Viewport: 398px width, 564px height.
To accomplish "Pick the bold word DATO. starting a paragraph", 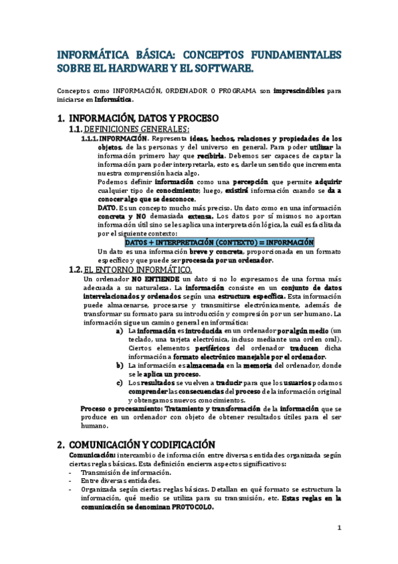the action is click(x=107, y=208).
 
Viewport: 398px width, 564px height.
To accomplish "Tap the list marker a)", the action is click(x=119, y=331).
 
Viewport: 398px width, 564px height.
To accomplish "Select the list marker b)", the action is click(x=120, y=366).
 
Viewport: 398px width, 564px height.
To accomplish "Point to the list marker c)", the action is click(x=119, y=383).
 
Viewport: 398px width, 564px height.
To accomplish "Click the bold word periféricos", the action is click(x=217, y=349).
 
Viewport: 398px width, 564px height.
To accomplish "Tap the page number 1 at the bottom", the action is click(x=339, y=528).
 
